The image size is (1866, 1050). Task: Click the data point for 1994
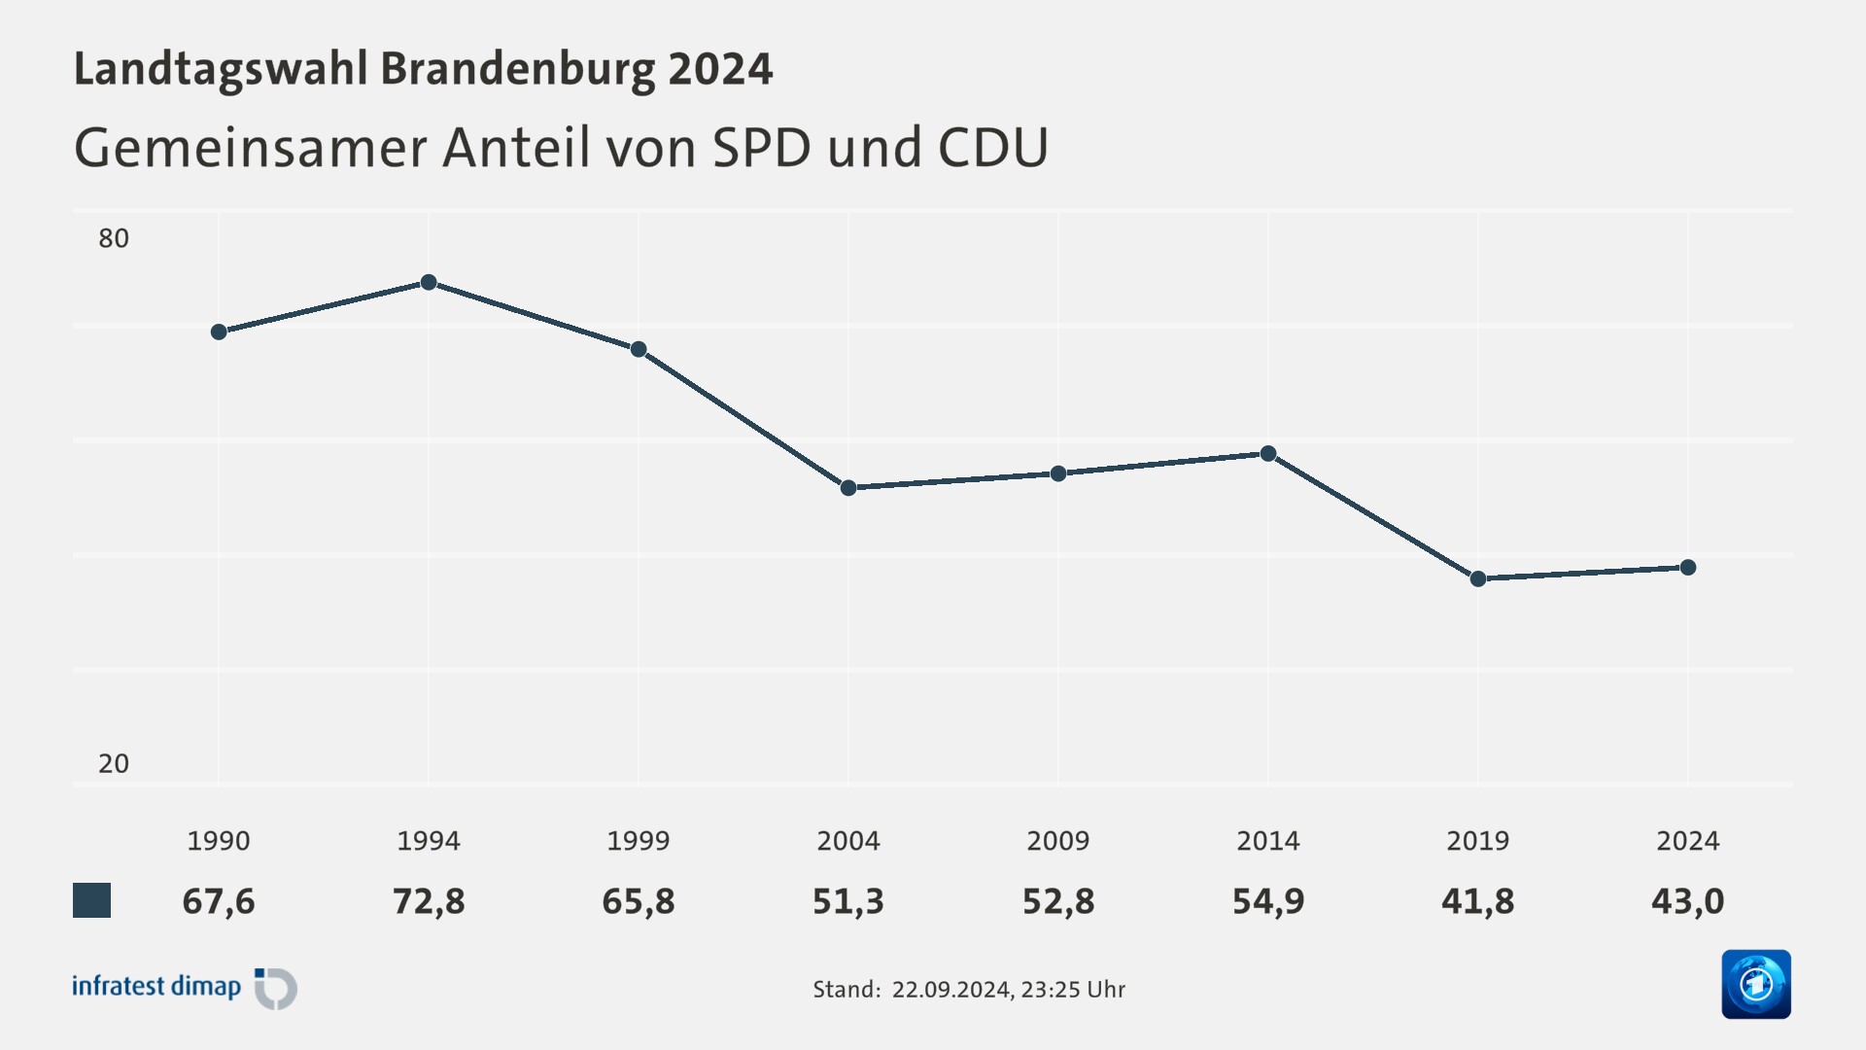[x=429, y=282]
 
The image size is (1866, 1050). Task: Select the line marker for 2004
[x=848, y=487]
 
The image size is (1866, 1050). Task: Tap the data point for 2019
[x=1478, y=578]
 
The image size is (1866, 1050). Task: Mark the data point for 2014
[x=1268, y=453]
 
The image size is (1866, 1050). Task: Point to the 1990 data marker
[x=219, y=332]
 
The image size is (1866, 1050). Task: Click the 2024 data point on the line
[x=1688, y=567]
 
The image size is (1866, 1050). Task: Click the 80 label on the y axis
[x=114, y=238]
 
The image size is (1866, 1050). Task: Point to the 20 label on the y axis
[x=114, y=763]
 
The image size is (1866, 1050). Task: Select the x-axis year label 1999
[x=639, y=840]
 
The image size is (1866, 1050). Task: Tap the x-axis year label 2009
[x=1058, y=840]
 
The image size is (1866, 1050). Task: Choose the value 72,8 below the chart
[x=429, y=901]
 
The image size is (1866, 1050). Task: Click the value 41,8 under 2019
[x=1478, y=901]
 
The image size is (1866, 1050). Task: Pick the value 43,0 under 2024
[x=1688, y=901]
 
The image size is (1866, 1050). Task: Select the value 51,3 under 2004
[x=848, y=901]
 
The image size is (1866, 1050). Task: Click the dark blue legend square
[x=92, y=900]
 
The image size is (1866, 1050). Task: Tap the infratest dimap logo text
[x=156, y=986]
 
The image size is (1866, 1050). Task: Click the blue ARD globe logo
[x=1755, y=984]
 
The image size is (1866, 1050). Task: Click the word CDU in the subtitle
[x=993, y=148]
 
